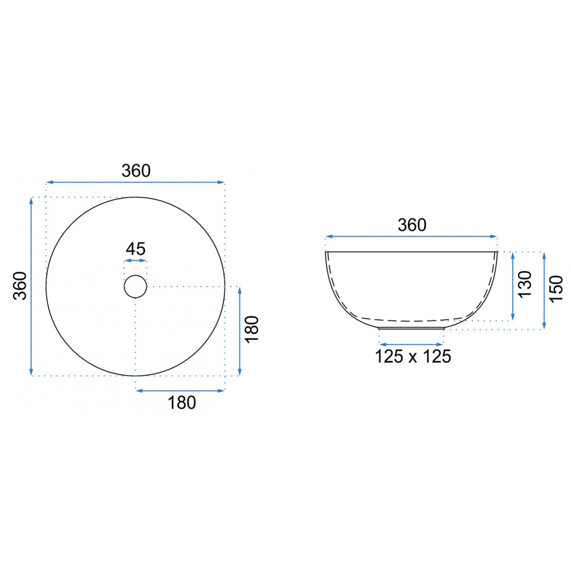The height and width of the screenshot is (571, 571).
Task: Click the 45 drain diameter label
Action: click(135, 249)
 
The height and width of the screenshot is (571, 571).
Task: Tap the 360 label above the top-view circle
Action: click(136, 171)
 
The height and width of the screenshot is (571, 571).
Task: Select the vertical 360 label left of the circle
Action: click(21, 286)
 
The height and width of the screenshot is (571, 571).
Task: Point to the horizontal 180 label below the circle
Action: click(182, 403)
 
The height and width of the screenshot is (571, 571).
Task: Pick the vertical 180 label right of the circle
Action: click(252, 329)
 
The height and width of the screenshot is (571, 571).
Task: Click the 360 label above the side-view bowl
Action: click(412, 225)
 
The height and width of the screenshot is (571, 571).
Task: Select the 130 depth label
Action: click(525, 284)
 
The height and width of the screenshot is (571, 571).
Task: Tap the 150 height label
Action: click(556, 289)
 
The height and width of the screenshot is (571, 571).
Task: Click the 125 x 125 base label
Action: click(413, 356)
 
